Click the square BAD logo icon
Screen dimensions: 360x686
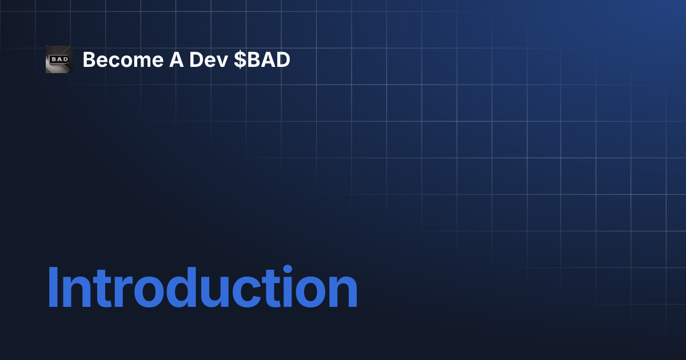click(59, 59)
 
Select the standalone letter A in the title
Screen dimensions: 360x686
click(176, 59)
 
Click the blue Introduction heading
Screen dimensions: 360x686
click(202, 287)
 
